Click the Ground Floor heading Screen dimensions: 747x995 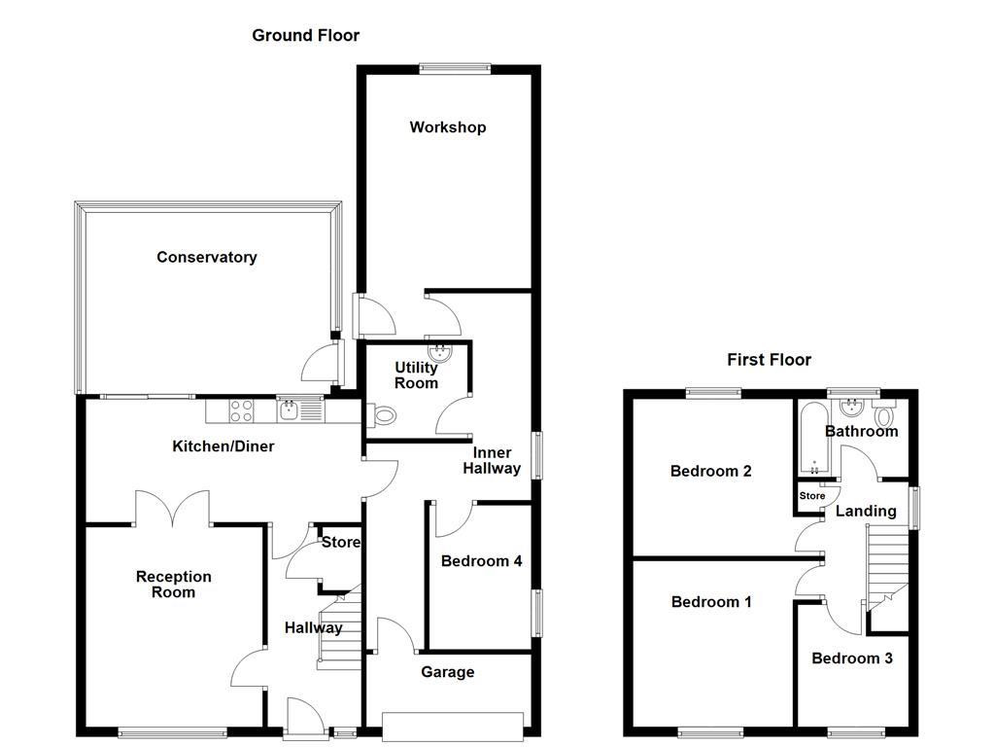[x=305, y=36]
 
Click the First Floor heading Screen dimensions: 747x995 [x=769, y=360]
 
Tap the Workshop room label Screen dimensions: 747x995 [x=447, y=127]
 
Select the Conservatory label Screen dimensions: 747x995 [x=206, y=258]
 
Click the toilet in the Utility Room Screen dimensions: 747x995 [x=385, y=416]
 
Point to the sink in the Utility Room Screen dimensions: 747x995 [x=439, y=351]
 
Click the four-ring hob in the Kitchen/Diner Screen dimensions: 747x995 [x=242, y=411]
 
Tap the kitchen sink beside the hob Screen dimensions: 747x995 [x=290, y=411]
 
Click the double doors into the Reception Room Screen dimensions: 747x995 [x=172, y=508]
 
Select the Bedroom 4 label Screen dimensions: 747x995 [x=481, y=561]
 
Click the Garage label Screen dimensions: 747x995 [x=447, y=672]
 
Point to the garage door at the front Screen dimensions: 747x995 [x=453, y=725]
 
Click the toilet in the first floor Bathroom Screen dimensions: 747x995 [x=885, y=416]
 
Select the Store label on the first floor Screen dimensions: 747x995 [x=811, y=496]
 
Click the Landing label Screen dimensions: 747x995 [x=866, y=512]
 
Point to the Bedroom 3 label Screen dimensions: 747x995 [x=851, y=658]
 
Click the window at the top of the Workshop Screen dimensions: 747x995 [x=454, y=68]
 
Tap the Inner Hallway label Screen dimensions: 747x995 [x=497, y=461]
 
